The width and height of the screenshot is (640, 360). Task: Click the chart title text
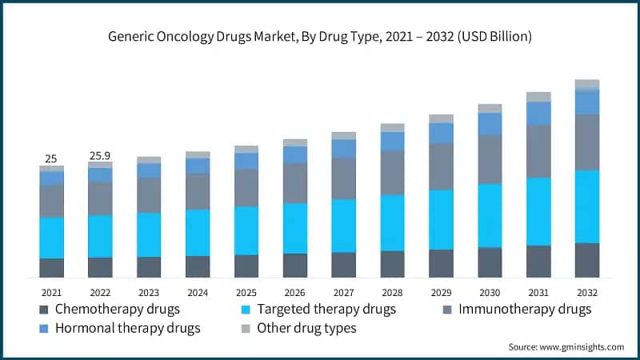[320, 37]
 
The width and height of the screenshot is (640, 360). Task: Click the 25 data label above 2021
[51, 158]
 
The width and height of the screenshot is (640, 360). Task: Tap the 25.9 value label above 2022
[100, 154]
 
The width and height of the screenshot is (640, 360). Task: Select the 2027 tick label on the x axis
[343, 294]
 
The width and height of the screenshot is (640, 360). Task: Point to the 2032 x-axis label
[586, 294]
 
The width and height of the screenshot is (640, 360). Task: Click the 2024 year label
[198, 294]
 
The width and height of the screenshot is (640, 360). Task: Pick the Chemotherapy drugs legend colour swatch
[42, 310]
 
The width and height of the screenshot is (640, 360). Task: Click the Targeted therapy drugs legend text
[327, 309]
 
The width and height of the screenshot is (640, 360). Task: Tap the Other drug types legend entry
[306, 328]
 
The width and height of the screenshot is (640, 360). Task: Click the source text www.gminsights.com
[566, 346]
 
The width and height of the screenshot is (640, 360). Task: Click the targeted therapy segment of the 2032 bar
[586, 206]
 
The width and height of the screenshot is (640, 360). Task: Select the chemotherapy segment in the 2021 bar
[52, 268]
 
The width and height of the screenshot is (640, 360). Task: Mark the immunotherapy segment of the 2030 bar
[490, 159]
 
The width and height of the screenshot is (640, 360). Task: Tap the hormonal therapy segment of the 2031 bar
[538, 114]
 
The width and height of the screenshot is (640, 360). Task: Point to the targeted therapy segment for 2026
[294, 228]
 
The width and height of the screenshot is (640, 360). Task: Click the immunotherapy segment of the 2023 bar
[149, 195]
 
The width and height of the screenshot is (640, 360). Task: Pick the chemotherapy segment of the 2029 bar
[441, 263]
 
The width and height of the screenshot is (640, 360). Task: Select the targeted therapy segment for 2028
[392, 223]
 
